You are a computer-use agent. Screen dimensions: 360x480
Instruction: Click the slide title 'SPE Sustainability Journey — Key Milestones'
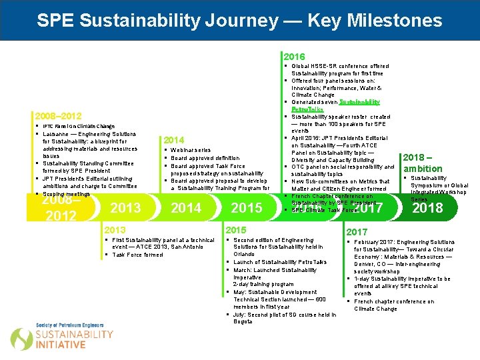click(239, 20)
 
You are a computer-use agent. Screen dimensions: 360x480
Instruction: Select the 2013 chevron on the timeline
click(125, 207)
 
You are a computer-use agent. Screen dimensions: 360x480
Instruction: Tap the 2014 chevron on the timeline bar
click(186, 207)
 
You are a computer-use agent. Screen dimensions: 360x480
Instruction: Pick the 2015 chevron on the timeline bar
click(246, 207)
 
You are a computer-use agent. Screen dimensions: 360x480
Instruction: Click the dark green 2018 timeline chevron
click(427, 207)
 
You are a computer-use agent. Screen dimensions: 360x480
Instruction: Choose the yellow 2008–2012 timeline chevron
click(61, 207)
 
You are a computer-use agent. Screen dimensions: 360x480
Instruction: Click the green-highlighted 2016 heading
click(294, 57)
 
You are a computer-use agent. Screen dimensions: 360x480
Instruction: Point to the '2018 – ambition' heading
click(423, 163)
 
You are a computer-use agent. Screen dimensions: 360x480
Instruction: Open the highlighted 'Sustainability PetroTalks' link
click(359, 102)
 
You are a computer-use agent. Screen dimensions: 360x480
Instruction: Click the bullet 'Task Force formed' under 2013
click(137, 255)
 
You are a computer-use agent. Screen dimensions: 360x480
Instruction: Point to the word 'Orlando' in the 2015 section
click(243, 254)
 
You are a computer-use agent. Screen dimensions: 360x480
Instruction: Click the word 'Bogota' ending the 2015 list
click(243, 321)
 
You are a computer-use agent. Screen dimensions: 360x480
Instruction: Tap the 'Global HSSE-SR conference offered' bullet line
click(340, 67)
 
